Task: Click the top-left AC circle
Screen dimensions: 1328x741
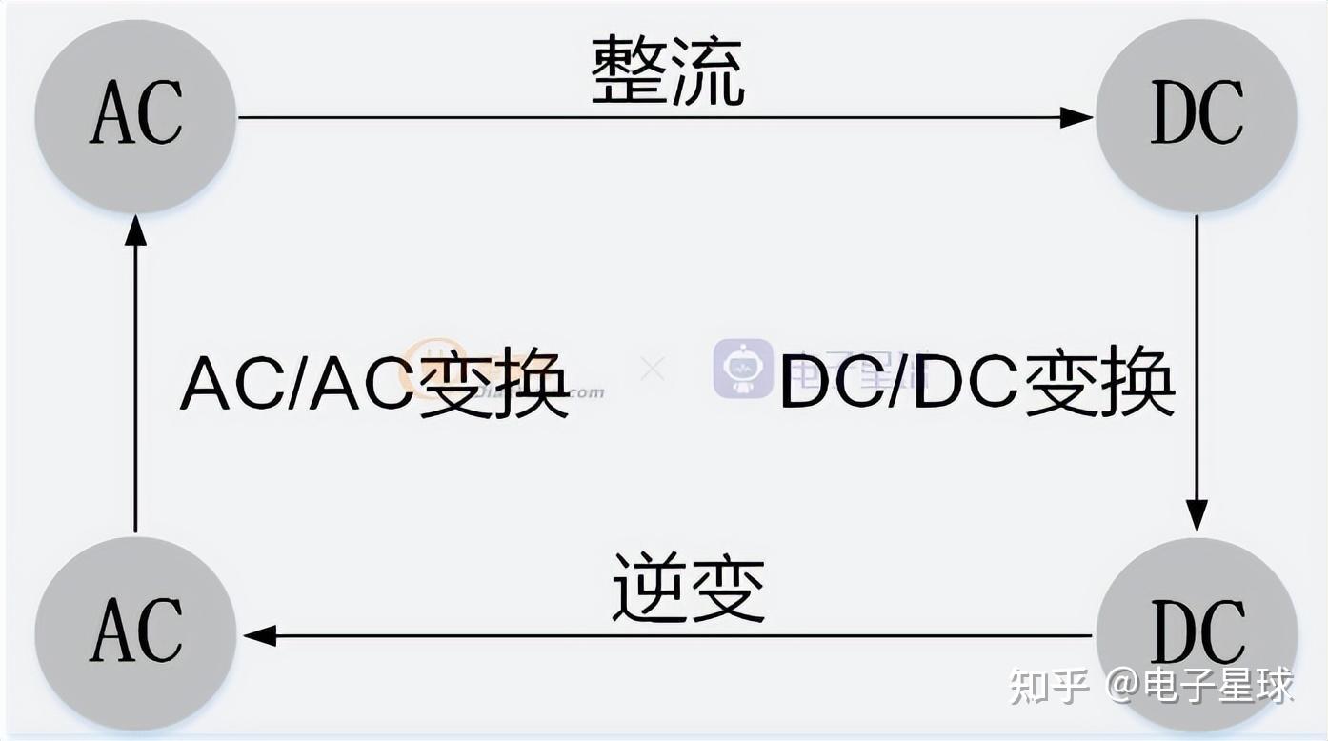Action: (x=135, y=115)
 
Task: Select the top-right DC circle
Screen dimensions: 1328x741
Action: (x=1197, y=115)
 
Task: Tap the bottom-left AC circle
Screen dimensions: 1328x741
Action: (x=135, y=632)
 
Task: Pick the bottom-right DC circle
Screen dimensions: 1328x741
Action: (x=1197, y=632)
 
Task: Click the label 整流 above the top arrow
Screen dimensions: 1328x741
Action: (x=667, y=71)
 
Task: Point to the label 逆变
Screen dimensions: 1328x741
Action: (x=688, y=588)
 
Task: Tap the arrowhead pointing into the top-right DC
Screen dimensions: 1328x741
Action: (x=1076, y=117)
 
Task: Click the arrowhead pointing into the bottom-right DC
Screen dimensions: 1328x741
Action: (x=1197, y=514)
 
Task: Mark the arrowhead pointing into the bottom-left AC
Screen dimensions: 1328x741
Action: (x=259, y=635)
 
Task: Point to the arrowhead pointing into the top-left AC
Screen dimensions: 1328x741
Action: (x=135, y=231)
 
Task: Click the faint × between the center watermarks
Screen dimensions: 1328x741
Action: (x=653, y=368)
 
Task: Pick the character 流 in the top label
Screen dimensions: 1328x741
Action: (x=707, y=71)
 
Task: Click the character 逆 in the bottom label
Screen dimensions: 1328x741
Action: (x=649, y=588)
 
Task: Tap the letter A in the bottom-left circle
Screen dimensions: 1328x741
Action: (x=111, y=631)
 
